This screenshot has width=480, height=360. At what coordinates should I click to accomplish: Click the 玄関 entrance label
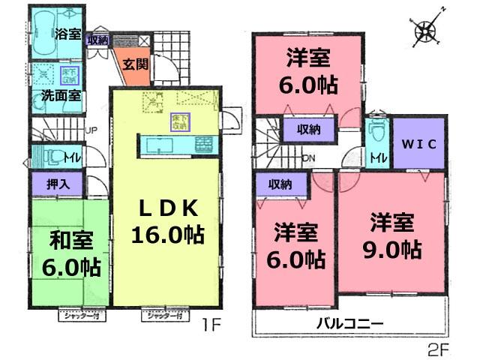point(136,64)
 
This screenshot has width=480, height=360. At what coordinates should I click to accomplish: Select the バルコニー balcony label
point(349,323)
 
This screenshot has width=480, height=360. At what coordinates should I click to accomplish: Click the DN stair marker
point(308,157)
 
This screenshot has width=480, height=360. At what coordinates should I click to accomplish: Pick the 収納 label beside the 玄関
point(97,40)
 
